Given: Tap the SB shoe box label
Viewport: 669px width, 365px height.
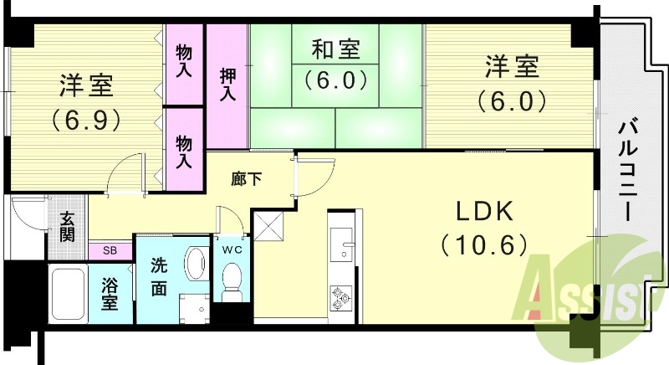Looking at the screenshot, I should [x=110, y=249].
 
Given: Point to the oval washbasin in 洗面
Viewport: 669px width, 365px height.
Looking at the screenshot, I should [x=196, y=264].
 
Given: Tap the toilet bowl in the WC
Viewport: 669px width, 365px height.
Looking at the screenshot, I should [x=232, y=279].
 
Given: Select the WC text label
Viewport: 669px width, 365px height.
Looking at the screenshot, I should [x=232, y=249].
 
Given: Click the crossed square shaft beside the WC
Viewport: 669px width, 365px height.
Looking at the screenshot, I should [x=269, y=226].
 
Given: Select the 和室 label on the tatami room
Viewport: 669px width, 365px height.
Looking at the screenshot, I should [x=335, y=50].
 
